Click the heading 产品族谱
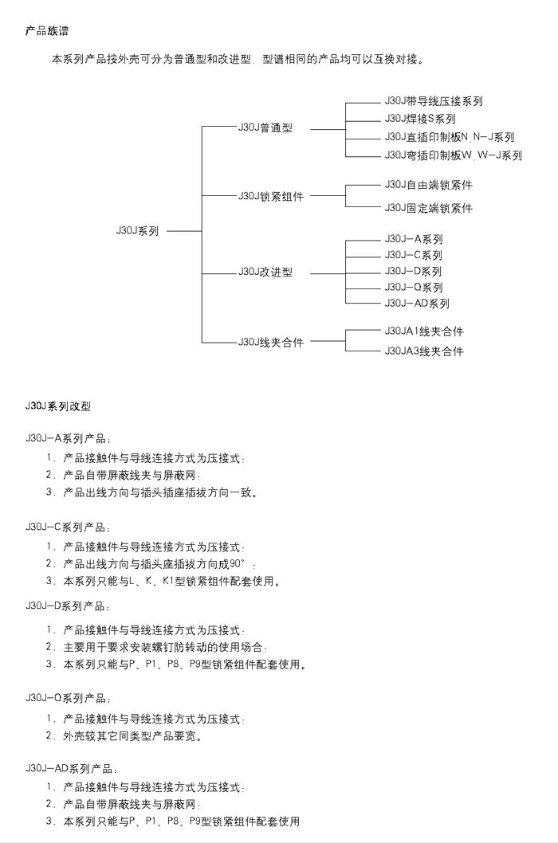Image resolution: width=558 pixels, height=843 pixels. pyautogui.click(x=47, y=30)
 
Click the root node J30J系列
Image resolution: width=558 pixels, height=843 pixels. pyautogui.click(x=137, y=230)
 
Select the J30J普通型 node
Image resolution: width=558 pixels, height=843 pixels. pyautogui.click(x=265, y=127)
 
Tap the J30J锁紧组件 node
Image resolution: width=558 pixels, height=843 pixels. pyautogui.click(x=271, y=196)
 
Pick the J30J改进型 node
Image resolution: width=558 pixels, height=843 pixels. pyautogui.click(x=265, y=272)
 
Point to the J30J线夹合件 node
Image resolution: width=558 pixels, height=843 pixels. pyautogui.click(x=271, y=342)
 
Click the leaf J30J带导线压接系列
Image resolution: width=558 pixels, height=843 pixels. pyautogui.click(x=433, y=101)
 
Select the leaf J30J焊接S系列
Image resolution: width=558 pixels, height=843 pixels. pyautogui.click(x=420, y=119)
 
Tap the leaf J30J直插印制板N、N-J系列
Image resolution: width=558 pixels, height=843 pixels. pyautogui.click(x=450, y=137)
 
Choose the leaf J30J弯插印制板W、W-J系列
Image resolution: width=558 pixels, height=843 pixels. pyautogui.click(x=453, y=155)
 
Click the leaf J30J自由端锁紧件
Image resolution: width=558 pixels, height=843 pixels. pyautogui.click(x=428, y=185)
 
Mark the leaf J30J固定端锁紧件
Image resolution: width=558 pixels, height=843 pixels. pyautogui.click(x=428, y=208)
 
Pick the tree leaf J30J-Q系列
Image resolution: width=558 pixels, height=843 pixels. pyautogui.click(x=414, y=287)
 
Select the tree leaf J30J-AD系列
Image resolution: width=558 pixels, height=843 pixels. pyautogui.click(x=417, y=304)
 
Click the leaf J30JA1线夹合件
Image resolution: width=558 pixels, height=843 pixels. pyautogui.click(x=424, y=331)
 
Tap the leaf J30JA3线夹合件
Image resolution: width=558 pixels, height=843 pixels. pyautogui.click(x=424, y=351)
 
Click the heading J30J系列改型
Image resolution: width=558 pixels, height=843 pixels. pyautogui.click(x=58, y=406)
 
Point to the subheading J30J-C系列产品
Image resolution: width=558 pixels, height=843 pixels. pyautogui.click(x=67, y=527)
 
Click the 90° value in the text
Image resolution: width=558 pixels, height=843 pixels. pyautogui.click(x=237, y=564)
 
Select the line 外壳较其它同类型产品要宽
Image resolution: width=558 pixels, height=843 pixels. pyautogui.click(x=132, y=736)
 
